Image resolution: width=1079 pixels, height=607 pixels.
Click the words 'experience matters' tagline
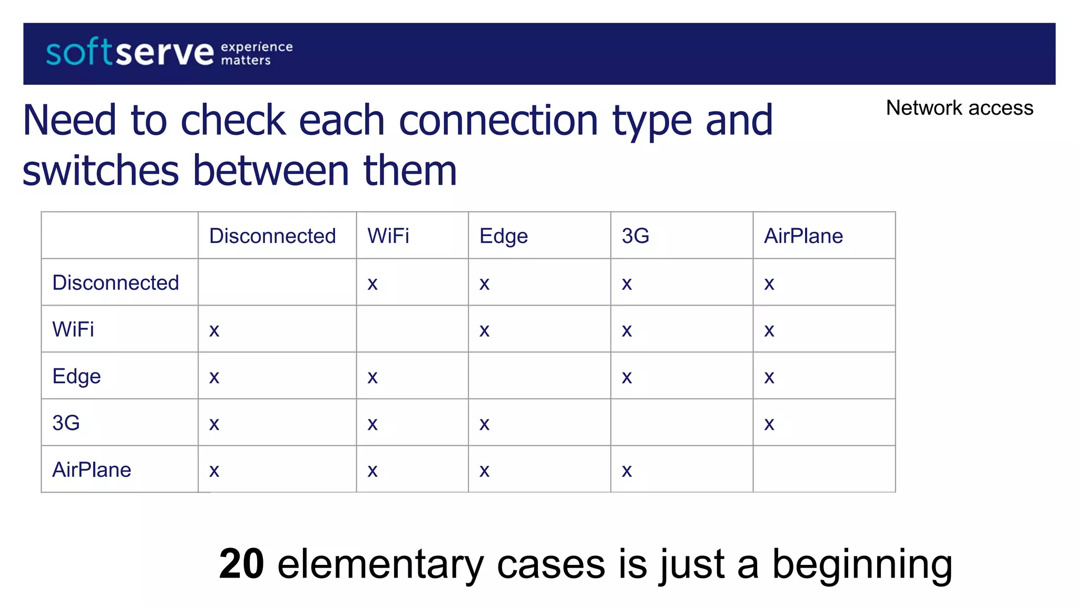tap(257, 53)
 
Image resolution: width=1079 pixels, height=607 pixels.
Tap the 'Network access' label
tap(959, 108)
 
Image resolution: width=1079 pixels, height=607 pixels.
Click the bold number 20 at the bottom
tap(241, 564)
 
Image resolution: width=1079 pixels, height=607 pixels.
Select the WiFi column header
tap(388, 236)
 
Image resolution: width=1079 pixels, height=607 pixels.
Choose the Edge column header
tap(503, 236)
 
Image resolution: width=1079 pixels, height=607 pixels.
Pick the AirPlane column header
tap(803, 236)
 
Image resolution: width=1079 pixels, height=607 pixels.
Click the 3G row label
tap(66, 423)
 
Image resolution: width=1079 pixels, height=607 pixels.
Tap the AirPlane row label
tap(92, 469)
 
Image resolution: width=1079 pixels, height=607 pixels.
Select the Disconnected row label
tap(115, 283)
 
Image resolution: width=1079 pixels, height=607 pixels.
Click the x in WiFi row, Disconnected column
tap(214, 331)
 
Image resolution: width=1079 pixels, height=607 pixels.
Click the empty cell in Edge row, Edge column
tap(539, 376)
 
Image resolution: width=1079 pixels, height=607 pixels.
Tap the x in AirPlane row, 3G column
tap(626, 471)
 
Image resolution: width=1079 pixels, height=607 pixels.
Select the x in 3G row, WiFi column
tap(372, 424)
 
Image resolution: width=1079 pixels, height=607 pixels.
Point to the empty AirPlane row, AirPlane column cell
tap(823, 469)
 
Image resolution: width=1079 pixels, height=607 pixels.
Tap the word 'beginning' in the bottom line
tap(862, 564)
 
